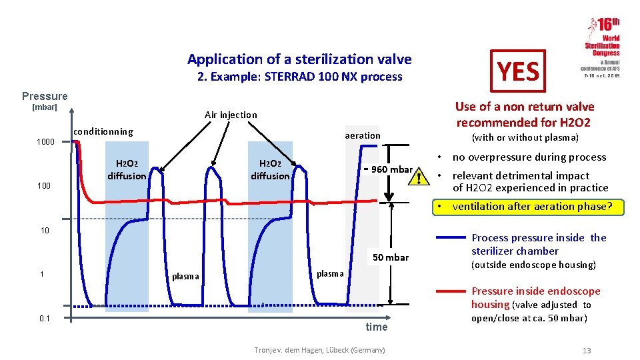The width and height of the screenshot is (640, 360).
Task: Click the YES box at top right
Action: [x=518, y=71]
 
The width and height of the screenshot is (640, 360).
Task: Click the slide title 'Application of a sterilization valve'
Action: [x=299, y=59]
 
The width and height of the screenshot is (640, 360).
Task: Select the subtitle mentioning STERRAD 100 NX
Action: [x=299, y=77]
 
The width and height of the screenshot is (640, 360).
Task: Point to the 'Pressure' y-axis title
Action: [x=45, y=96]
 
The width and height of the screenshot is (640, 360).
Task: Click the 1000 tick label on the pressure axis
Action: [x=45, y=142]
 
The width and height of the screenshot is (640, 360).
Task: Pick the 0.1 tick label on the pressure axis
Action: [x=45, y=319]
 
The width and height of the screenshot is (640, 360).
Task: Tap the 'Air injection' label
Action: [x=230, y=115]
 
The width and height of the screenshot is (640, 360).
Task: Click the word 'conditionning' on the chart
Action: [x=103, y=131]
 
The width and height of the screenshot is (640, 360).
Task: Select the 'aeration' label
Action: [x=363, y=135]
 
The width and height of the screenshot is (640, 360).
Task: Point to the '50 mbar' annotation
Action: [x=391, y=257]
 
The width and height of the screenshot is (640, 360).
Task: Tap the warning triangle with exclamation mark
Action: [x=418, y=176]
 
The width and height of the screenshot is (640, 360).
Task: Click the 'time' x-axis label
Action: [x=377, y=327]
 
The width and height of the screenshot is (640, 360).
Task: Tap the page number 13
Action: [x=586, y=351]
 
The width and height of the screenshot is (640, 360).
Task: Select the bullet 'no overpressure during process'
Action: [x=529, y=157]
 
